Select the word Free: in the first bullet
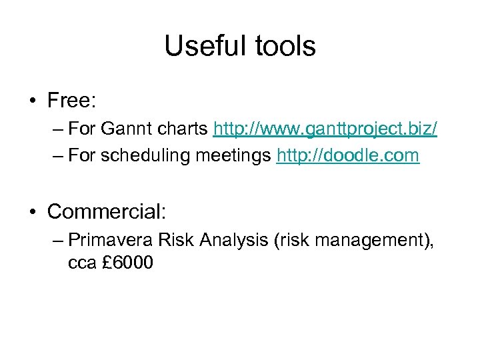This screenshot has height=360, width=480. [x=72, y=101]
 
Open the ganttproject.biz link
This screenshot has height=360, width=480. [x=325, y=129]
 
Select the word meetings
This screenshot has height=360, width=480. [x=240, y=156]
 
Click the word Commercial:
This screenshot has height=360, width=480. [x=107, y=211]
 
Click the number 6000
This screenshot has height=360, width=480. [x=133, y=263]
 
